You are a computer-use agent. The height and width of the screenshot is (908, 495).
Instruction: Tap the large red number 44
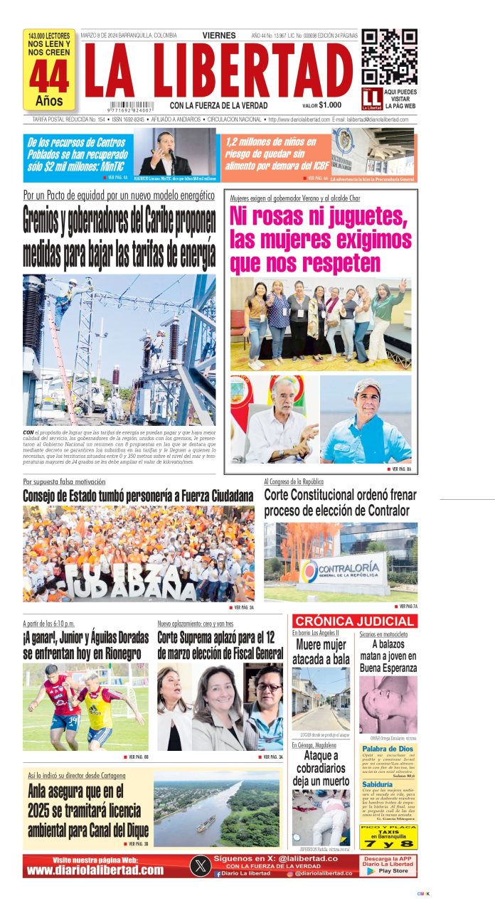(49, 77)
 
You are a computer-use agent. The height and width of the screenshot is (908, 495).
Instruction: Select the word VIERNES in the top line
(220, 35)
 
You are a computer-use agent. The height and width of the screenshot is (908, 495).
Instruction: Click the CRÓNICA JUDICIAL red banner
(355, 621)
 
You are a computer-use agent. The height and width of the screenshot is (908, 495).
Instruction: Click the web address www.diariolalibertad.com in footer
(96, 871)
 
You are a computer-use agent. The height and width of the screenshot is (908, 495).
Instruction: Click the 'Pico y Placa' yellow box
(388, 837)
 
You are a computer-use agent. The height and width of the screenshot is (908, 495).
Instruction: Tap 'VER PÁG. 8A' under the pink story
(399, 469)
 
